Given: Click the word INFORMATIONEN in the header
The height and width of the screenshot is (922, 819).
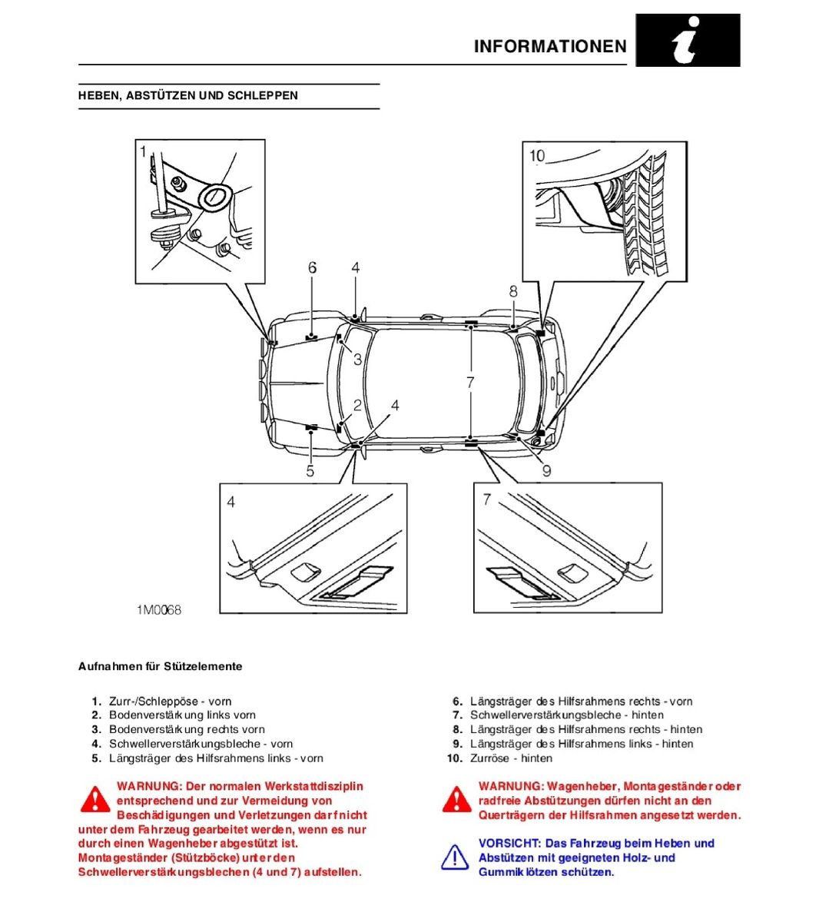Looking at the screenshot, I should point(550,46).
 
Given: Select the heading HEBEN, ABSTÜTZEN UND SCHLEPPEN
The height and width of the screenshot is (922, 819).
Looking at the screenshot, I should point(188,96).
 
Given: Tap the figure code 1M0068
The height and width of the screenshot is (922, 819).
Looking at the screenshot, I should point(160,610).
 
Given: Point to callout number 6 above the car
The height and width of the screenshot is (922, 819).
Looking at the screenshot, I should point(312,267).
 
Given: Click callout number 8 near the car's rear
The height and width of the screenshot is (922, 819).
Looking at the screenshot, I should point(513,291).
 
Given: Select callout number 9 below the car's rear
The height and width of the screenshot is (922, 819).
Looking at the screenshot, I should point(546,470).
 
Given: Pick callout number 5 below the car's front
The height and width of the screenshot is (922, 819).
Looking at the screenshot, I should point(310,471).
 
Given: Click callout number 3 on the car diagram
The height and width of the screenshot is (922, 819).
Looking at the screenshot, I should point(357,359).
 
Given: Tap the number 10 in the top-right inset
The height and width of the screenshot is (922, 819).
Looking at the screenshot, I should point(537,156).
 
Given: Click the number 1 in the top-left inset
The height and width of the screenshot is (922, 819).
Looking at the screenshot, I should point(143,152).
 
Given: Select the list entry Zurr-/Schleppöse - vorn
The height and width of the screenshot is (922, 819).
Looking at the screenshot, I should point(170,701).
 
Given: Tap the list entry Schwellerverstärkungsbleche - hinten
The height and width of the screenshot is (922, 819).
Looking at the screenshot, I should point(567,715).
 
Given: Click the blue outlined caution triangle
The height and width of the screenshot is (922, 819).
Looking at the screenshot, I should point(455,857).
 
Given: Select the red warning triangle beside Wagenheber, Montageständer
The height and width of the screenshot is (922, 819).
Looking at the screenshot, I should point(456,800).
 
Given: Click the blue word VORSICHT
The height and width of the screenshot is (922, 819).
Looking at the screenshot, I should point(509,844).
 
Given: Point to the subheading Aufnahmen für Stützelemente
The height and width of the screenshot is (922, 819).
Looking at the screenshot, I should point(160,667).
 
